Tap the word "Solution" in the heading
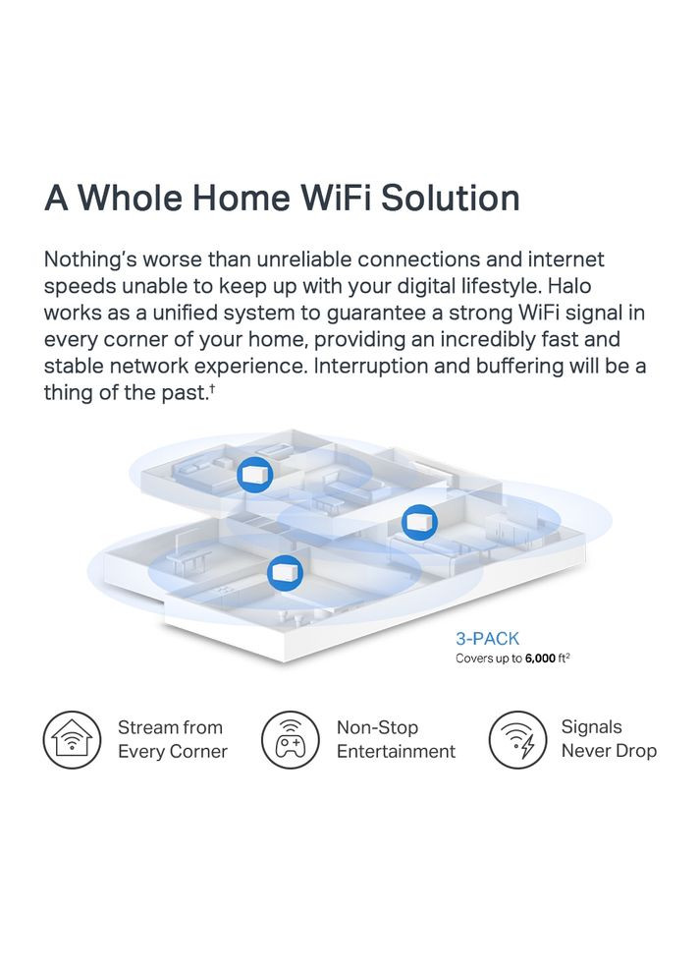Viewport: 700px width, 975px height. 450,198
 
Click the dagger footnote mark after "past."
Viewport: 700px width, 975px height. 212,388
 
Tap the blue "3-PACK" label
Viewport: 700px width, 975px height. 487,639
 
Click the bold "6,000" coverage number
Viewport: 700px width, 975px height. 540,659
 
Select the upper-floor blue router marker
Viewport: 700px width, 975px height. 254,476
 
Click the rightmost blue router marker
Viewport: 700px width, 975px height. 419,522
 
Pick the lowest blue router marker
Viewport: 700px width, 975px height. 285,573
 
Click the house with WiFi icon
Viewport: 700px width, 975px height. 72,740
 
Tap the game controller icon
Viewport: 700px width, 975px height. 290,740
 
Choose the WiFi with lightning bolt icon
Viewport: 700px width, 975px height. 518,740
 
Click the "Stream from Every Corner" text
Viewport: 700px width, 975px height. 173,739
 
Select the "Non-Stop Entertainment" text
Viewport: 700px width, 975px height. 396,739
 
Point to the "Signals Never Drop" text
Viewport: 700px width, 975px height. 609,739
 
